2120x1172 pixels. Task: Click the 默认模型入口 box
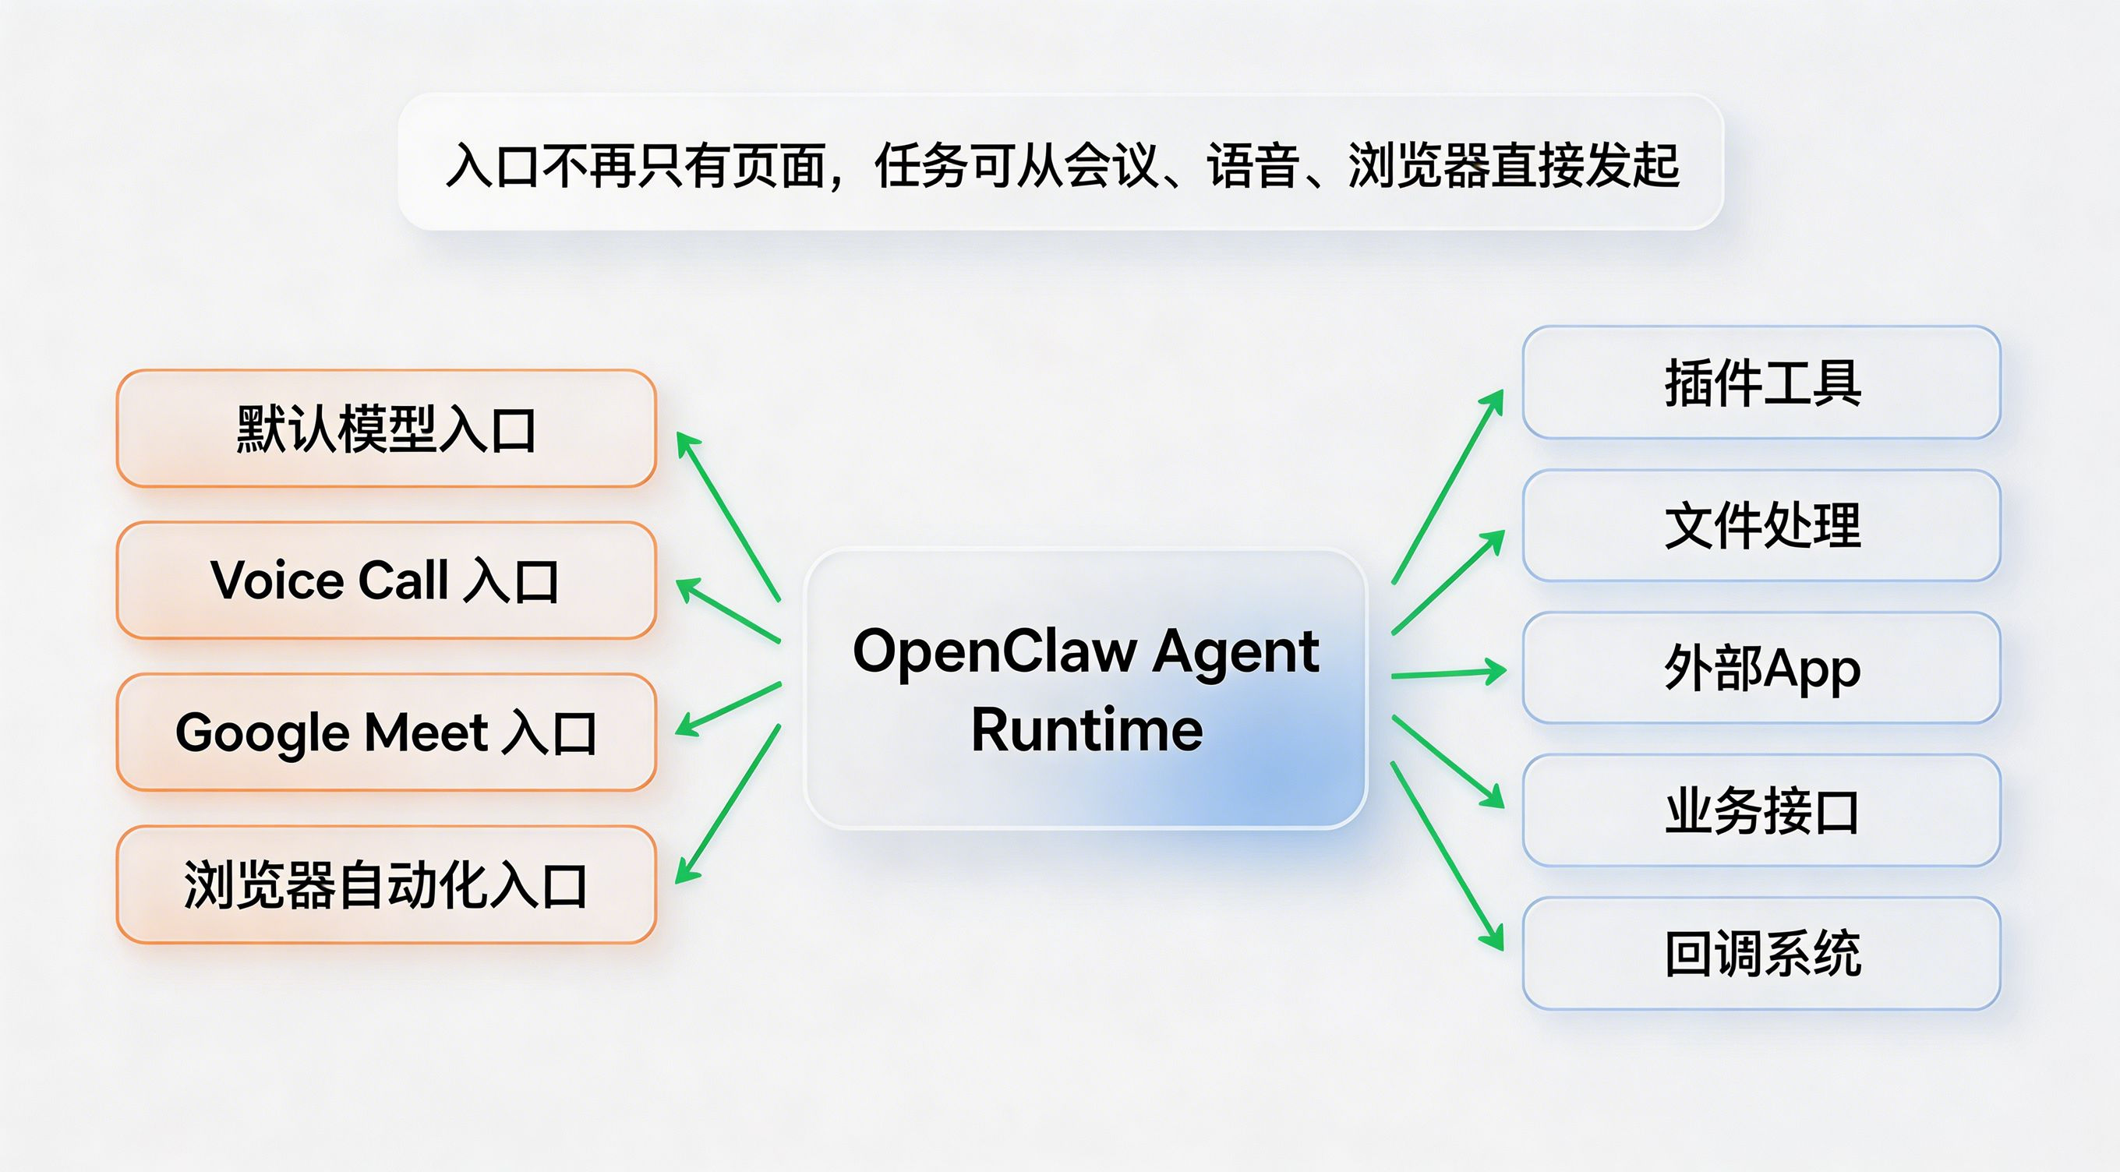click(x=386, y=429)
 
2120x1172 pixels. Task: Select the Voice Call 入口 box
click(x=386, y=581)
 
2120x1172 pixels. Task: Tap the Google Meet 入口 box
click(x=386, y=732)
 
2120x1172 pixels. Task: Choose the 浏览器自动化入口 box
click(x=386, y=884)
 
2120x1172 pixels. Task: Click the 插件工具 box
click(x=1761, y=383)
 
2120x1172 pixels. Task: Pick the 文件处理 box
click(x=1761, y=525)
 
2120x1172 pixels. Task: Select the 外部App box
click(x=1761, y=668)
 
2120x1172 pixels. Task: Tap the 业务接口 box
click(x=1761, y=810)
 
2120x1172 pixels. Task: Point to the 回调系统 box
click(x=1761, y=953)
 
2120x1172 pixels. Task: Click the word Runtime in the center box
click(x=1086, y=730)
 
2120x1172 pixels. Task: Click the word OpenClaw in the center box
click(x=995, y=651)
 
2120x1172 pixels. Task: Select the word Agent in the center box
click(x=1235, y=651)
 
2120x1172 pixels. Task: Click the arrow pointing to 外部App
click(x=1448, y=674)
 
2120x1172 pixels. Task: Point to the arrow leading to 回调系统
click(x=1447, y=856)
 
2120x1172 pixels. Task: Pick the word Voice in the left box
click(x=277, y=581)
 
